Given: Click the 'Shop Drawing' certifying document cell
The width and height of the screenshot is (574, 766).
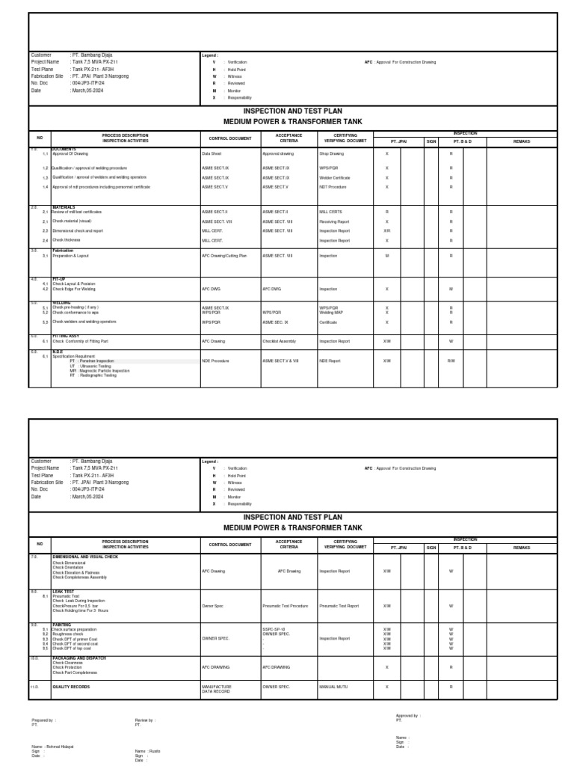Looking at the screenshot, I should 331,153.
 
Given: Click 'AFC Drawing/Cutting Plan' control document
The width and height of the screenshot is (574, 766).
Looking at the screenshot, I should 224,256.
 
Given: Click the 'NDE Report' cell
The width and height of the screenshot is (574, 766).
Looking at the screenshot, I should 330,361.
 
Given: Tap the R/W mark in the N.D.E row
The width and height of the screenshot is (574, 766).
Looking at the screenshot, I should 451,361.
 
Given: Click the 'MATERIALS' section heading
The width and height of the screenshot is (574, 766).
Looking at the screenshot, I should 64,207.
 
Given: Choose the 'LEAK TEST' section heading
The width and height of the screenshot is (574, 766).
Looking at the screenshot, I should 64,591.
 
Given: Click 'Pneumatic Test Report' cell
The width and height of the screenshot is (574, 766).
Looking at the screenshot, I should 339,606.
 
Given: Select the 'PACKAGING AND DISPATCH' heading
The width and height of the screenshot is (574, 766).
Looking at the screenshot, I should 79,658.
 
